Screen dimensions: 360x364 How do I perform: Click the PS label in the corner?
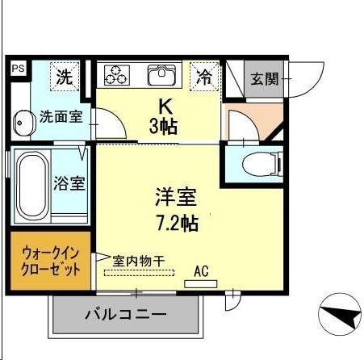pyautogui.click(x=16, y=69)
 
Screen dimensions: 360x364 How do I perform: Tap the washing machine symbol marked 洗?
pyautogui.click(x=65, y=77)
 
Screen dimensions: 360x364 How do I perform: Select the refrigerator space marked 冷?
pyautogui.click(x=205, y=77)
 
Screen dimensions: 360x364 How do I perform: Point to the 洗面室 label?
pyautogui.click(x=61, y=117)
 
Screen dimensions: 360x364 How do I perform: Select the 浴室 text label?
pyautogui.click(x=69, y=183)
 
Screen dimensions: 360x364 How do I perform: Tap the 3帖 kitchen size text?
pyautogui.click(x=164, y=126)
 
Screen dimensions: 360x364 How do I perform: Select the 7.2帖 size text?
pyautogui.click(x=177, y=223)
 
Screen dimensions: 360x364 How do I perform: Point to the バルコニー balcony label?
pyautogui.click(x=125, y=315)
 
